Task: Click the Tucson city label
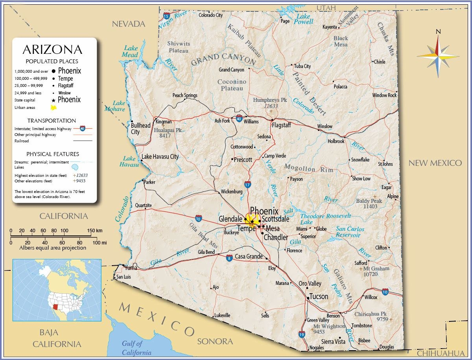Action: click(x=319, y=296)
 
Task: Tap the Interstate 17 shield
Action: click(x=247, y=184)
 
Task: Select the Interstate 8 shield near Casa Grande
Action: click(x=229, y=257)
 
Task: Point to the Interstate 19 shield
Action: click(x=302, y=334)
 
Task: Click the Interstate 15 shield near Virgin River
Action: click(x=166, y=16)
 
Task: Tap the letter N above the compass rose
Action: click(x=438, y=32)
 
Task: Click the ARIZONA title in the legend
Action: click(x=52, y=50)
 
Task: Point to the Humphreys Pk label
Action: click(x=271, y=100)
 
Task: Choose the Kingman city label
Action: click(x=164, y=122)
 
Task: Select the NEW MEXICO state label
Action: click(x=435, y=163)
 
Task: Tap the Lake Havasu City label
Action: click(x=160, y=156)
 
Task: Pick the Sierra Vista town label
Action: click(x=333, y=342)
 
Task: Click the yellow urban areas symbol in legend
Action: click(x=54, y=107)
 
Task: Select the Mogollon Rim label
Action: click(x=309, y=169)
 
